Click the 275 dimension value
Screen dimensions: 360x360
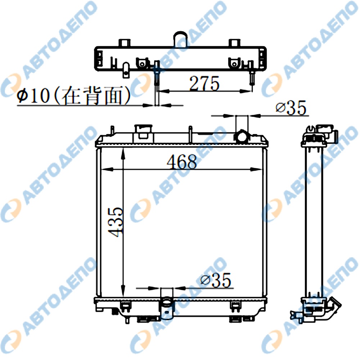(x=204, y=83)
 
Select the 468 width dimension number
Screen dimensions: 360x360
(x=182, y=162)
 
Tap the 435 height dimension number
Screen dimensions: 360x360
(x=116, y=222)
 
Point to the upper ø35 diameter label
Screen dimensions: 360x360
(x=291, y=107)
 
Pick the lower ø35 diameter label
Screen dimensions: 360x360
(x=216, y=280)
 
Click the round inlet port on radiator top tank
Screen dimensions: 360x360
(x=242, y=136)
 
